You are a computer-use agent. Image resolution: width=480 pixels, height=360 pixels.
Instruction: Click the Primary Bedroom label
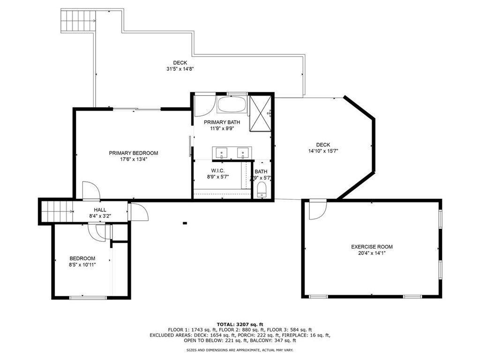coord(133,153)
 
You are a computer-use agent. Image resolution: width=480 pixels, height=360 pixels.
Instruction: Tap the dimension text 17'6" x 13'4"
coord(133,159)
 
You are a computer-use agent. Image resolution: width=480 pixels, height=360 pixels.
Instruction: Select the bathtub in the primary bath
coord(232,104)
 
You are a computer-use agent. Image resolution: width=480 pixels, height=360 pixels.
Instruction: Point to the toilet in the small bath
coord(262,190)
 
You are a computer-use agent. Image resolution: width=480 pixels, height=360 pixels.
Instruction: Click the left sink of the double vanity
coord(221,152)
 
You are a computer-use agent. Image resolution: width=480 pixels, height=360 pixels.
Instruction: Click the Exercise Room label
coord(372,247)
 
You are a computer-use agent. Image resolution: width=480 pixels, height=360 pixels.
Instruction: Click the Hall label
coord(100,210)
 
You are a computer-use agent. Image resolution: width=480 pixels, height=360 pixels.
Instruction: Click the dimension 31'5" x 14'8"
coord(180,69)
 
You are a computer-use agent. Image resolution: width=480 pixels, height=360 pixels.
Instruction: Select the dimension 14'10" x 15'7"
coord(323,151)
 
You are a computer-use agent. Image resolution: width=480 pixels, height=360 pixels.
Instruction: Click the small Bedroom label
coord(82,258)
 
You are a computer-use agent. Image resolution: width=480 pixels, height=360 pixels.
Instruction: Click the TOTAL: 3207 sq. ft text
coord(240,324)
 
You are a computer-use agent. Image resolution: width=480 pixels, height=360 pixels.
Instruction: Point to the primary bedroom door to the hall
coord(91,191)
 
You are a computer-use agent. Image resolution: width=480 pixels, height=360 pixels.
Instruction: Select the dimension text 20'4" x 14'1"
coord(372,253)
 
